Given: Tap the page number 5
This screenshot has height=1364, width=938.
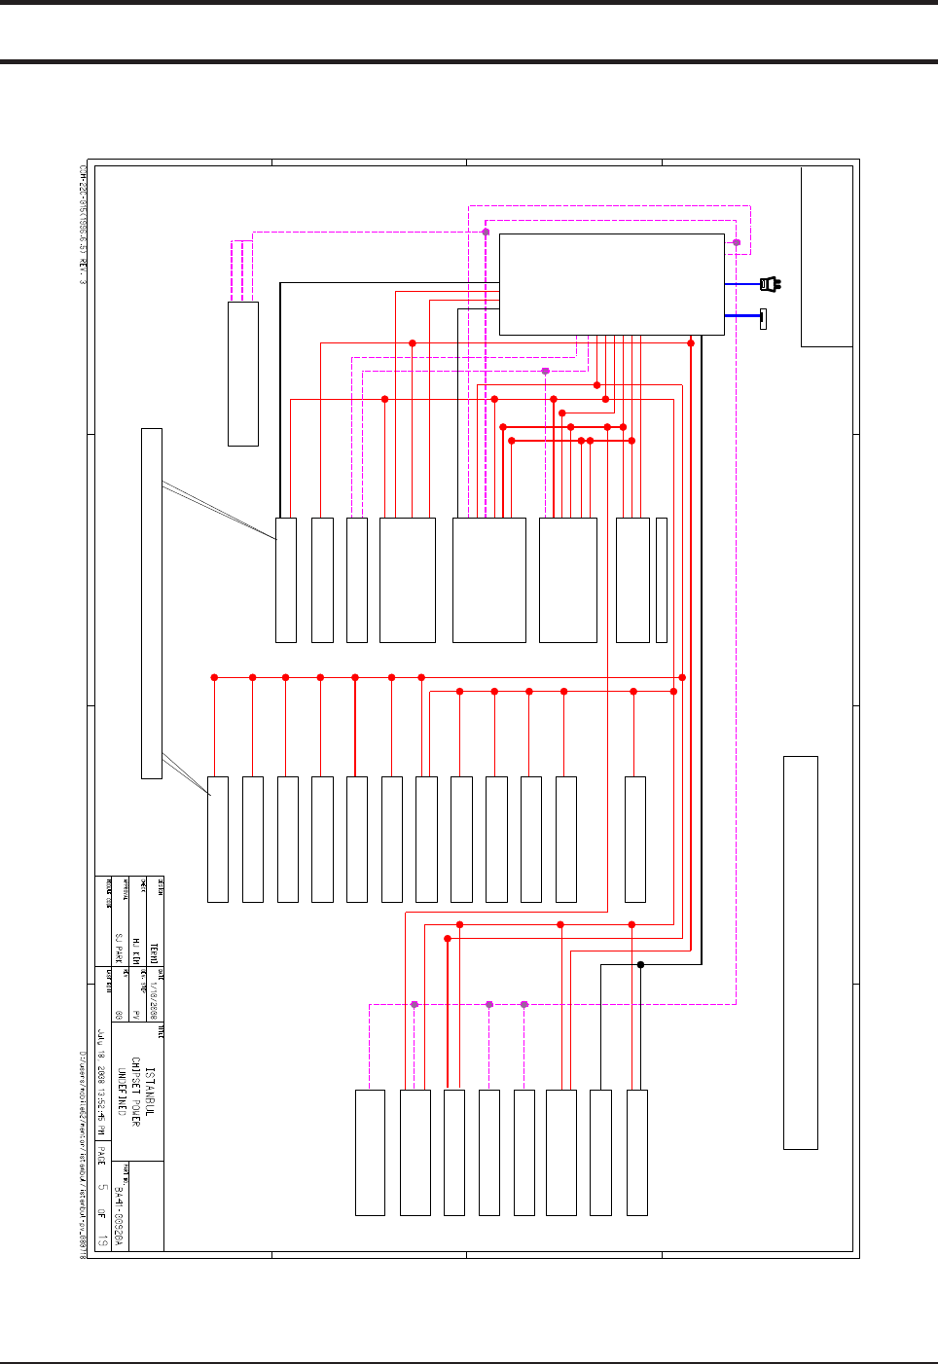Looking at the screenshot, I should (x=102, y=1188).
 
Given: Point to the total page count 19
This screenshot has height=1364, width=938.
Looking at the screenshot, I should (x=102, y=1239).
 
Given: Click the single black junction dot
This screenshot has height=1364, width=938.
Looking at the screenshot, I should (x=640, y=964).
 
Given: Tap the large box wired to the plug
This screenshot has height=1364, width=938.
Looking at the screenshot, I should (x=611, y=284).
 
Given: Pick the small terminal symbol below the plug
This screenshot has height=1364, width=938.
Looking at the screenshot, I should (x=763, y=318).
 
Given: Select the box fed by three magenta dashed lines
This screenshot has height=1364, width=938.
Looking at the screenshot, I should (x=242, y=374).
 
